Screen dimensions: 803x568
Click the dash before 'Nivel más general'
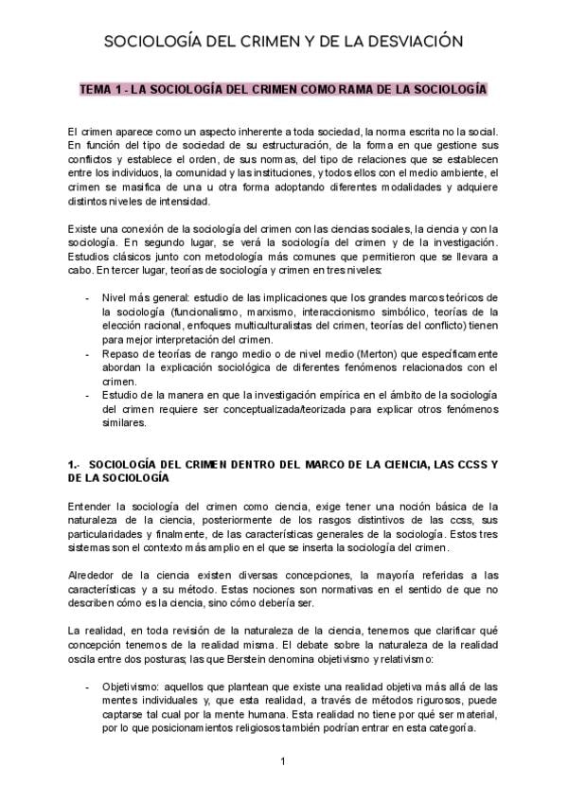pos(88,297)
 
